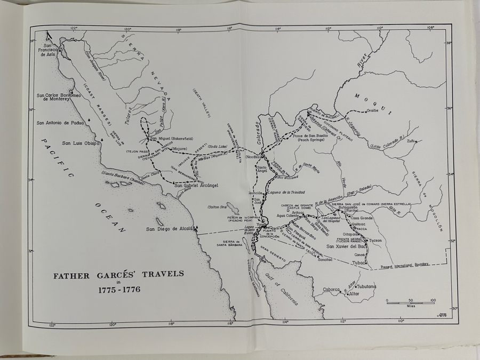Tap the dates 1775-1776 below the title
click(x=118, y=291)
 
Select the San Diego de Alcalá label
click(x=169, y=229)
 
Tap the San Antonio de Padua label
click(x=61, y=123)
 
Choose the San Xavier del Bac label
click(x=346, y=246)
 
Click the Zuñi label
click(x=411, y=141)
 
